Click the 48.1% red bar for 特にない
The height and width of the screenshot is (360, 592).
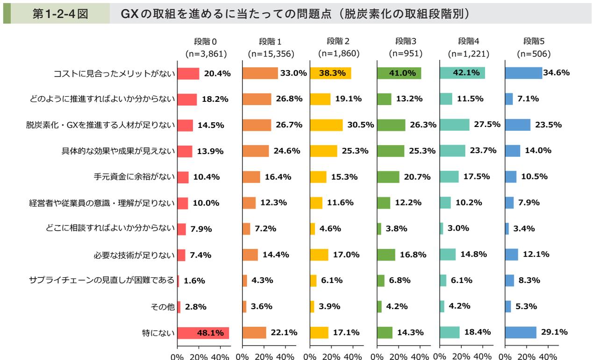click(203, 333)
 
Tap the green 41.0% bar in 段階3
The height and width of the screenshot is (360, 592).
click(399, 73)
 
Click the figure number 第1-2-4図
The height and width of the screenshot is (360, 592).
click(60, 14)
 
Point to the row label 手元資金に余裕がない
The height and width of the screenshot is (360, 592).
click(134, 177)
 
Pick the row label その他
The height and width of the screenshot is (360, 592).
click(163, 307)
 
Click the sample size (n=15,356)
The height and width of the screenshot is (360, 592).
click(271, 54)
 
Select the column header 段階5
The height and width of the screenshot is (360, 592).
click(534, 41)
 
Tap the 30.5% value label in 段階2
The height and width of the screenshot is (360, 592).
click(360, 125)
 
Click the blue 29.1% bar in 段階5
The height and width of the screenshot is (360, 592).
click(521, 332)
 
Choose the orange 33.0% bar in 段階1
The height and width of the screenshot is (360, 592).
click(260, 73)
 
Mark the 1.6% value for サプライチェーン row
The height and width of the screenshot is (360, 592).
click(194, 281)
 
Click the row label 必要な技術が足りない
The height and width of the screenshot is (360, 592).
click(134, 255)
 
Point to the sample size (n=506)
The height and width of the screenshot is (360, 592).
click(534, 54)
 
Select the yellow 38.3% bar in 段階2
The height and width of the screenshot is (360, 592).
click(330, 73)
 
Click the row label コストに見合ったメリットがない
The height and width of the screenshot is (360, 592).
click(114, 73)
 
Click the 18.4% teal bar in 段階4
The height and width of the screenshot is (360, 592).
click(449, 332)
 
